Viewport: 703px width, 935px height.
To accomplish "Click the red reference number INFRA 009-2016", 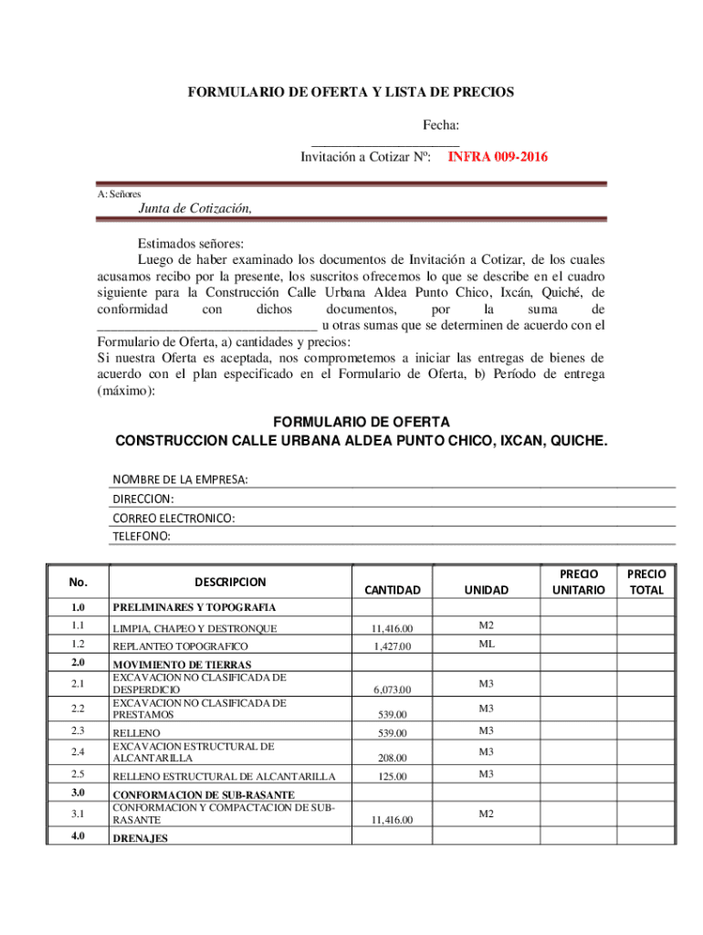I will pyautogui.click(x=497, y=157).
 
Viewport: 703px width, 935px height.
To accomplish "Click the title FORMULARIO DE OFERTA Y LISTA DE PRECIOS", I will pyautogui.click(x=351, y=92).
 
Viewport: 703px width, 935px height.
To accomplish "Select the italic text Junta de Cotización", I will pyautogui.click(x=194, y=207).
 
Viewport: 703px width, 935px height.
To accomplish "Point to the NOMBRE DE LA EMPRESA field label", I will pyautogui.click(x=180, y=480).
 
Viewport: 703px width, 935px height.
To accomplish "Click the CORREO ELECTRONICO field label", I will pyautogui.click(x=173, y=518).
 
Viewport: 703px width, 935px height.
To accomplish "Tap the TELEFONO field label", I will pyautogui.click(x=142, y=536).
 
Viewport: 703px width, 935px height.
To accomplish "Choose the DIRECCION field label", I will pyautogui.click(x=143, y=499).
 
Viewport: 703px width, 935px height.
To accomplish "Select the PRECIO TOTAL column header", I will pyautogui.click(x=646, y=582).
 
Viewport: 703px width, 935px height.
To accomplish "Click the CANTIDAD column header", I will pyautogui.click(x=392, y=590).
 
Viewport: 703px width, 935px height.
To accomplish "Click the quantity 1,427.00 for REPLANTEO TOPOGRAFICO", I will pyautogui.click(x=392, y=646).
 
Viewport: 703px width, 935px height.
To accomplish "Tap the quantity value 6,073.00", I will pyautogui.click(x=392, y=689).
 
